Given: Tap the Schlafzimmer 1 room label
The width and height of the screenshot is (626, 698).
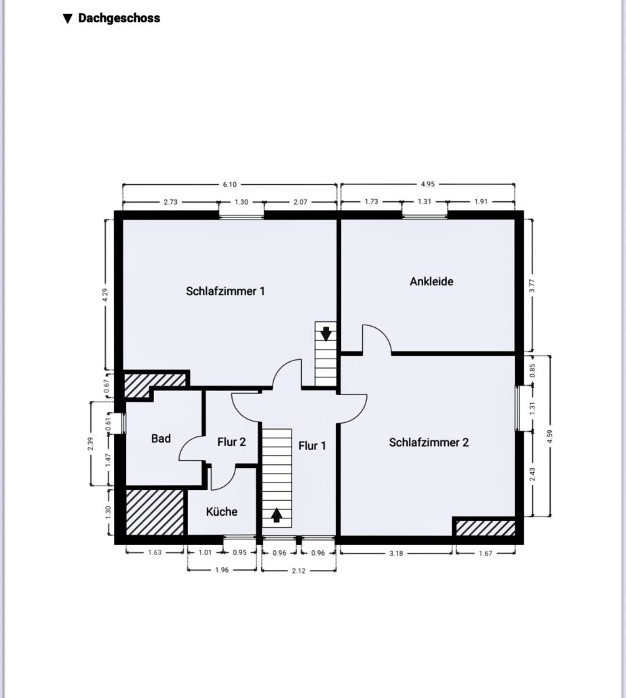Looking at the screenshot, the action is [225, 291].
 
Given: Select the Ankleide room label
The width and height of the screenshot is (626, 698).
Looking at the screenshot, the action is [431, 281].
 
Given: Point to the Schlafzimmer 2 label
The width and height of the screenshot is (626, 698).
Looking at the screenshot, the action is [429, 443].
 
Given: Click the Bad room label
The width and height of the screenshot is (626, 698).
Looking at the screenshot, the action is [161, 438].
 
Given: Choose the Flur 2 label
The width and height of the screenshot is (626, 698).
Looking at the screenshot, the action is [231, 442].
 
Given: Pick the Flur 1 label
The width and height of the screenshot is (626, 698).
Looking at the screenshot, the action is [312, 446].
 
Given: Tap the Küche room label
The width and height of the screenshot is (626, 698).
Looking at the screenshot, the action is [221, 512].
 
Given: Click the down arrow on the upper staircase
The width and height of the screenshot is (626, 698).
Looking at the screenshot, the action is [326, 333].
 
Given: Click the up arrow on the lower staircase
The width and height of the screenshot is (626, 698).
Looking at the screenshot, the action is [277, 514].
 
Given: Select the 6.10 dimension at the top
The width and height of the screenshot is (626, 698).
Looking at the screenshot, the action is [229, 184].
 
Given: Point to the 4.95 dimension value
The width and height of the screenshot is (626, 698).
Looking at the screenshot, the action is [427, 184].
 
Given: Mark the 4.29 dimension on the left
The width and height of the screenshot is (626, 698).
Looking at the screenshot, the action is [105, 295].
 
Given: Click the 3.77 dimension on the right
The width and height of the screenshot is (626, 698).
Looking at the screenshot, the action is [532, 285].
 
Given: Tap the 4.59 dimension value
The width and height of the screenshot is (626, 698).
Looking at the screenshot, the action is [549, 436].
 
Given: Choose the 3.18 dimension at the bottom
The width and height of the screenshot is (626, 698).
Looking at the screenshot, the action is [396, 554].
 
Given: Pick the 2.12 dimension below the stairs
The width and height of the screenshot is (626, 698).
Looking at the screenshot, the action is [298, 571].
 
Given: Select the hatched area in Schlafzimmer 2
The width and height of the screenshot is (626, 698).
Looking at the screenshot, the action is [485, 528].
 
